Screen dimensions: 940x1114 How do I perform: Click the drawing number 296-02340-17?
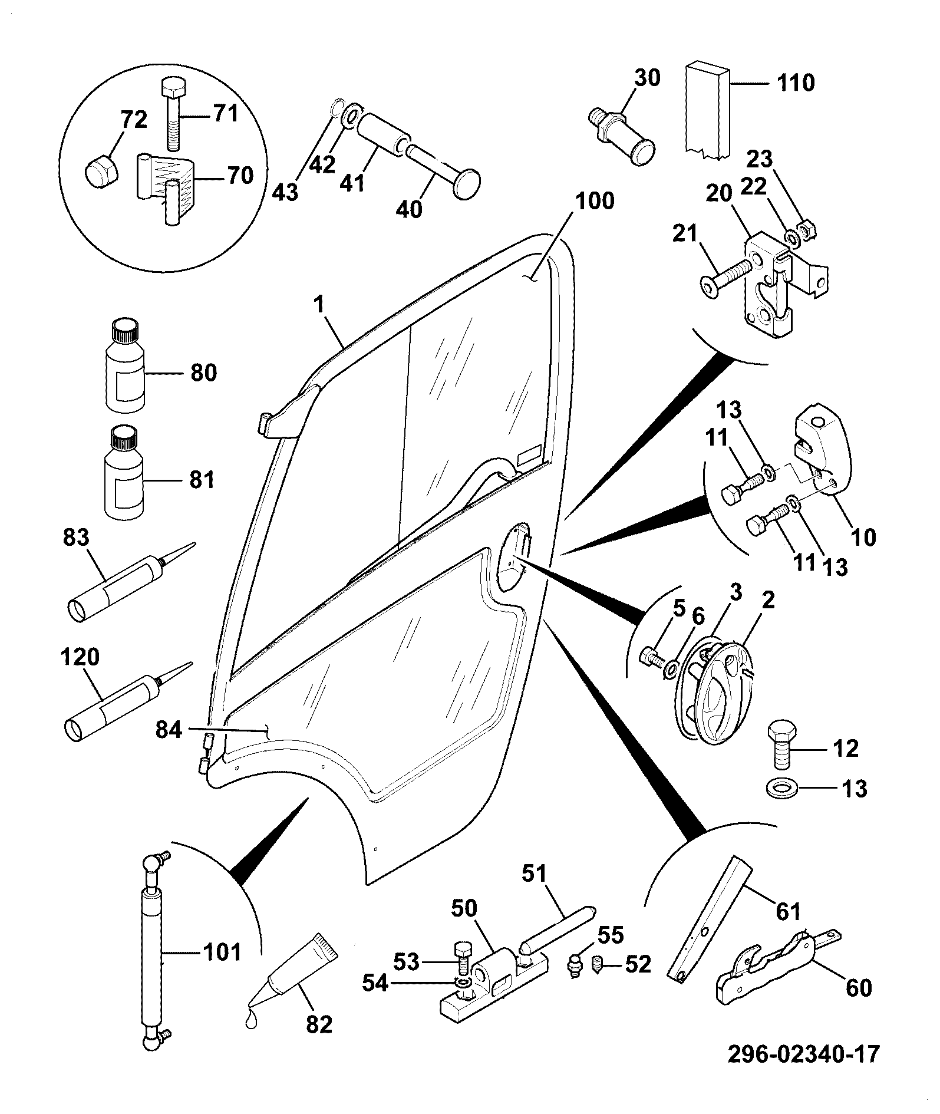tap(803, 1053)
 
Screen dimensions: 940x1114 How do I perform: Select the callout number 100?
tap(594, 202)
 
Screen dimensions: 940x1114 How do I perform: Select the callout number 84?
tap(169, 731)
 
